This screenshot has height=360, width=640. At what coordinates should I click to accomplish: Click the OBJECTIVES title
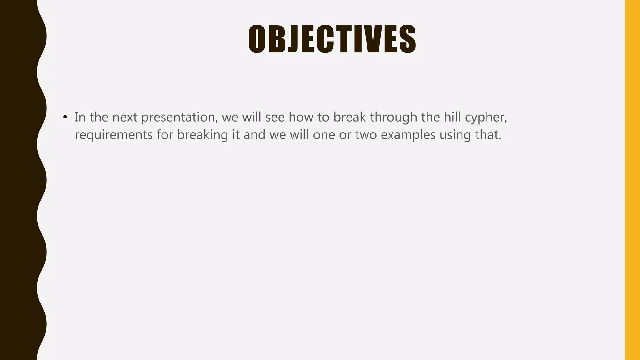click(x=332, y=39)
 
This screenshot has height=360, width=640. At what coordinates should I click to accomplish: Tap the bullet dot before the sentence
click(x=65, y=117)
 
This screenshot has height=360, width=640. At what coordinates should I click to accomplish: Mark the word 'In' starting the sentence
click(x=80, y=117)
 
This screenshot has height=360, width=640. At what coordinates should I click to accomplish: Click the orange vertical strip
click(x=632, y=180)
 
